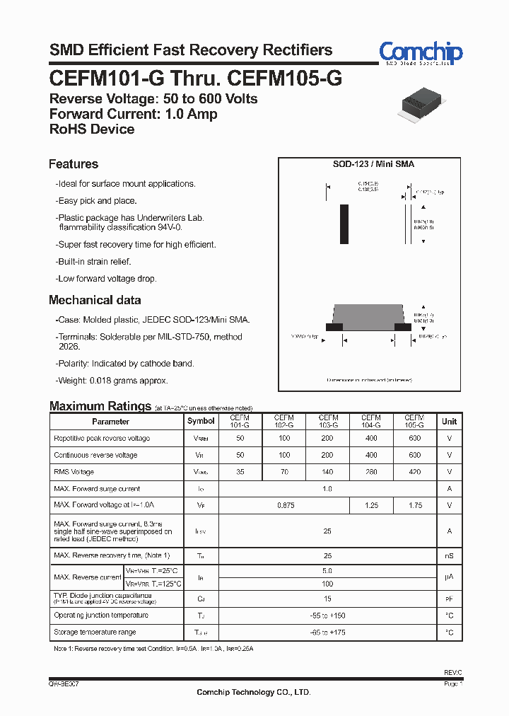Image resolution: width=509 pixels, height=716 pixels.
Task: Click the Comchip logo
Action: tap(421, 53)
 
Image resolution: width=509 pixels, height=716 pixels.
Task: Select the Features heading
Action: tap(74, 164)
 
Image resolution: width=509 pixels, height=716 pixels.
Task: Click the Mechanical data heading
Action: tap(95, 300)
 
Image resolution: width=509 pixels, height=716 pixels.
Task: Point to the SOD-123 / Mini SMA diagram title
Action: tap(373, 164)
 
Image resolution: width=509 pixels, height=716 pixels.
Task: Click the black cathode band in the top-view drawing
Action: tap(344, 224)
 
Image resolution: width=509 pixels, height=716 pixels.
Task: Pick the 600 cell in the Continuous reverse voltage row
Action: tap(414, 455)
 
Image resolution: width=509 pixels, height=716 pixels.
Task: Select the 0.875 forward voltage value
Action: tap(284, 505)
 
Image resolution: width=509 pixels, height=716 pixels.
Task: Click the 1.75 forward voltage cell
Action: tap(414, 505)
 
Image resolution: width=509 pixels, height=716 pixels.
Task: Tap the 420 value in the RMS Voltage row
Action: tap(414, 472)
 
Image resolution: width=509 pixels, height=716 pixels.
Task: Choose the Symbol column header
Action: tap(201, 421)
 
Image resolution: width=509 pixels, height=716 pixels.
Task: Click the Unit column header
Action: tap(449, 421)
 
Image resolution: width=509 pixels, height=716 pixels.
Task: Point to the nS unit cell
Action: tap(449, 556)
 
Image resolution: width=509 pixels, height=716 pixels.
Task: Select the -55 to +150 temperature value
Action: tap(327, 616)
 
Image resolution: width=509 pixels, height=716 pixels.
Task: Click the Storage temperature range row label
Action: tap(95, 632)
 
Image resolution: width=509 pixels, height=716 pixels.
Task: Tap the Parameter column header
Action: tap(111, 421)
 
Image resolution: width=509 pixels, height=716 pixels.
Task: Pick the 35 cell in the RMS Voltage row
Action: tap(240, 472)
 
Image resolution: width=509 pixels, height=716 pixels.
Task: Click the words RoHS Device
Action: tap(92, 129)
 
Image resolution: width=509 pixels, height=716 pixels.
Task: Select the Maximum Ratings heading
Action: tap(100, 406)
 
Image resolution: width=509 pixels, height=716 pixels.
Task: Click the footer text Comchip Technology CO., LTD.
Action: tap(254, 692)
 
